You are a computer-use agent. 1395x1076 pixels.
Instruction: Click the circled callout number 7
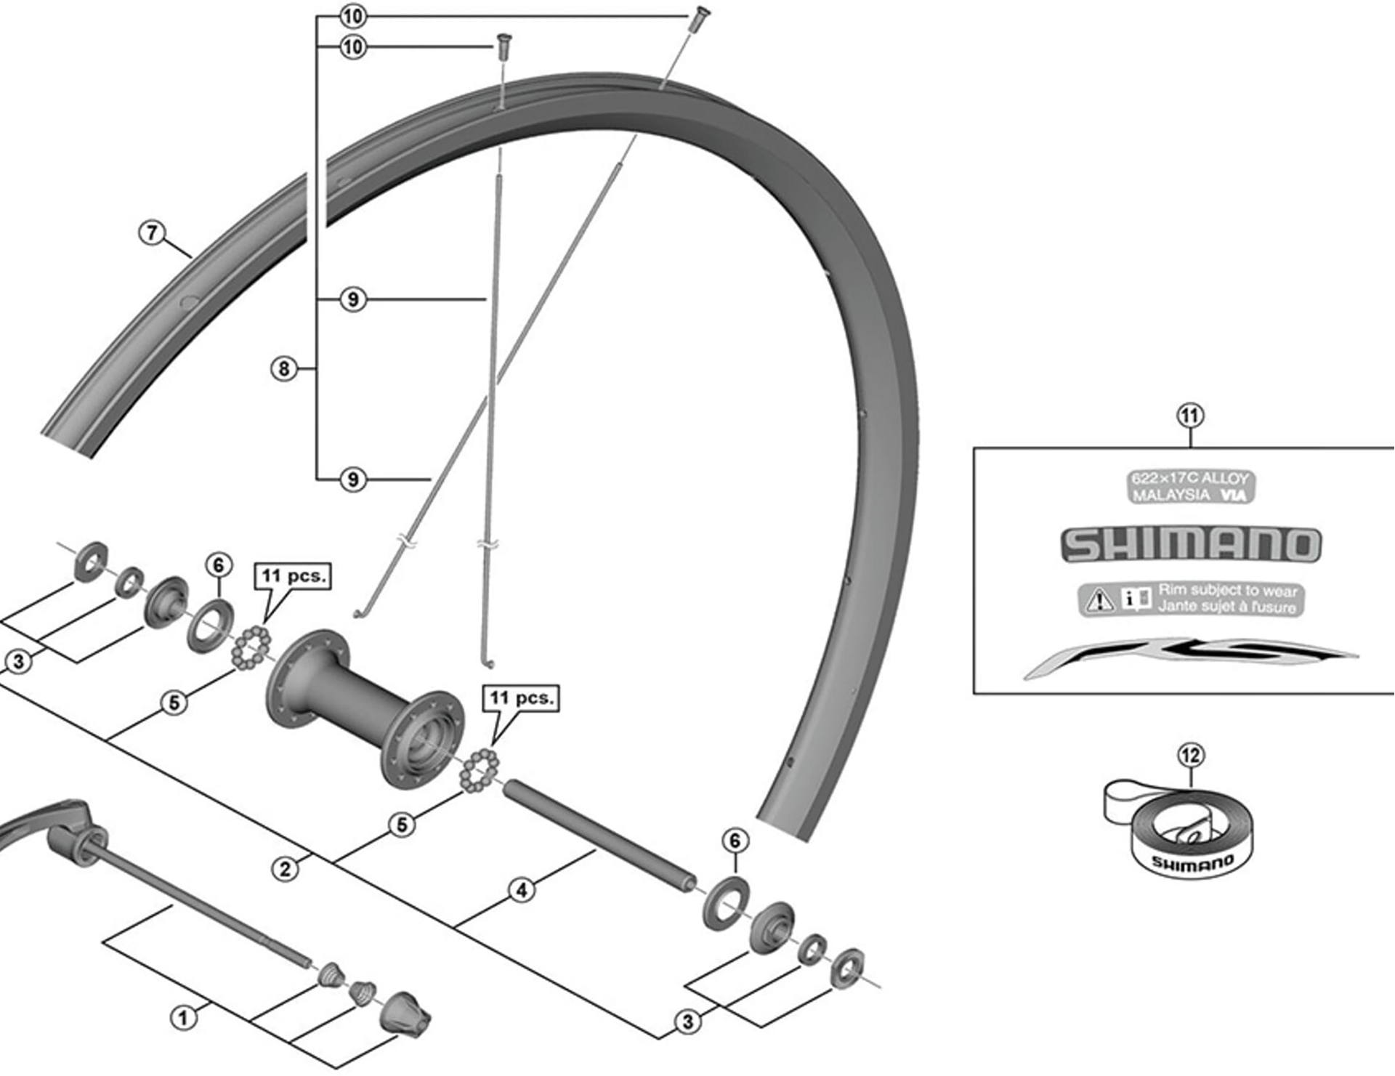152,232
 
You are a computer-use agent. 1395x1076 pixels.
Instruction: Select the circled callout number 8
284,369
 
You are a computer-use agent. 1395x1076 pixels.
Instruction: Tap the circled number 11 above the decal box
1189,416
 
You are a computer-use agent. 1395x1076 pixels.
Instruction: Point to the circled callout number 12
1191,756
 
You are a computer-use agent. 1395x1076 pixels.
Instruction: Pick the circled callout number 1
182,1017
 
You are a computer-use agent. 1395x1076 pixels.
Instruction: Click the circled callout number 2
285,869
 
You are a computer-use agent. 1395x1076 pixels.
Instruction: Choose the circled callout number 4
521,889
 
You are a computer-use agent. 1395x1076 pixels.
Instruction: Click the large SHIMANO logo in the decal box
1190,545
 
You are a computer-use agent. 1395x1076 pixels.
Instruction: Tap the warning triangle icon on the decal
1099,599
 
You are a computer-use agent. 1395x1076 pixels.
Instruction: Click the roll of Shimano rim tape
1184,836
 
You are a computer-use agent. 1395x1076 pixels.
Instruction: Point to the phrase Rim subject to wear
1227,590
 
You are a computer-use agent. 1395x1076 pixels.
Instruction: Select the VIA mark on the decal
1234,495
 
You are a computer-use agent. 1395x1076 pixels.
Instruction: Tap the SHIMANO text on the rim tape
1193,863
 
